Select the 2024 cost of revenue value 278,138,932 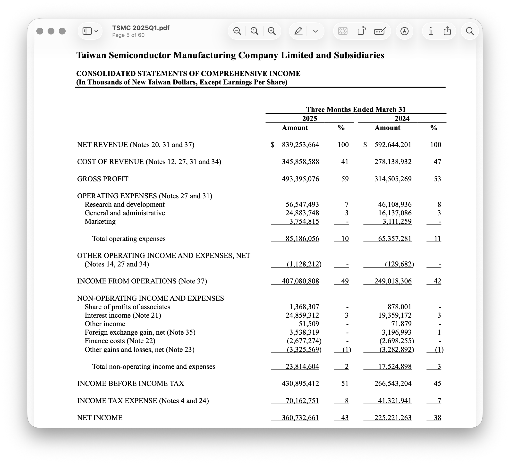pyautogui.click(x=393, y=162)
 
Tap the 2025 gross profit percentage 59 pyautogui.click(x=345, y=179)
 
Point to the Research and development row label pyautogui.click(x=124, y=204)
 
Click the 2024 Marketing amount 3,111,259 pyautogui.click(x=397, y=221)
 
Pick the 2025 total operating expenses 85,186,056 pyautogui.click(x=302, y=239)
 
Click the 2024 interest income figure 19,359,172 pyautogui.click(x=395, y=315)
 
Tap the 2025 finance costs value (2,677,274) pyautogui.click(x=304, y=341)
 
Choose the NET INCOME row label pyautogui.click(x=100, y=418)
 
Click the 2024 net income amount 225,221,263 pyautogui.click(x=393, y=418)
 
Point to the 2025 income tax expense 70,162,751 pyautogui.click(x=302, y=401)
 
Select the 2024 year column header pyautogui.click(x=402, y=118)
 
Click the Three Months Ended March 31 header pyautogui.click(x=356, y=109)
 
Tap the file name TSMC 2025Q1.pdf pyautogui.click(x=141, y=28)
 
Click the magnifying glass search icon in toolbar pyautogui.click(x=470, y=31)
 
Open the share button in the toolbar pyautogui.click(x=447, y=31)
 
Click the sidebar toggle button pyautogui.click(x=90, y=31)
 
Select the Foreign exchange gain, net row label pyautogui.click(x=140, y=332)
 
